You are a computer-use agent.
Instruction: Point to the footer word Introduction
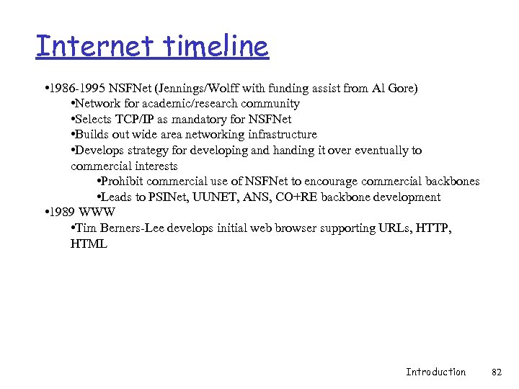coord(435,372)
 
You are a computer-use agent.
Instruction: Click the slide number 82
coord(496,372)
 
